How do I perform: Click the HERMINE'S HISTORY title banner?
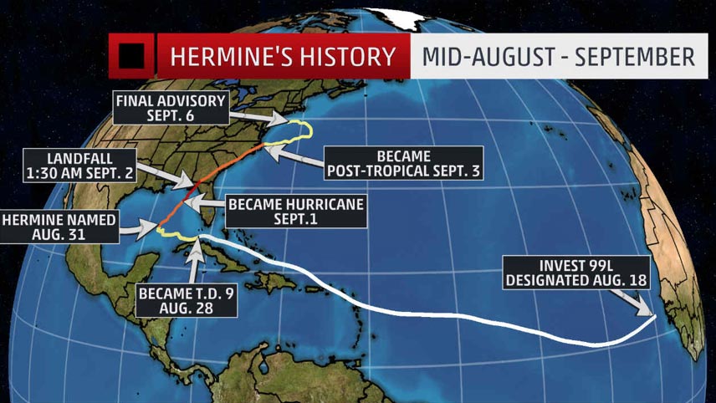(282, 57)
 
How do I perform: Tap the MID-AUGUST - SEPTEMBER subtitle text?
(558, 57)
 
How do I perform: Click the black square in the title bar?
(132, 57)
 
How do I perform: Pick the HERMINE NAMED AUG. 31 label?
(60, 226)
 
